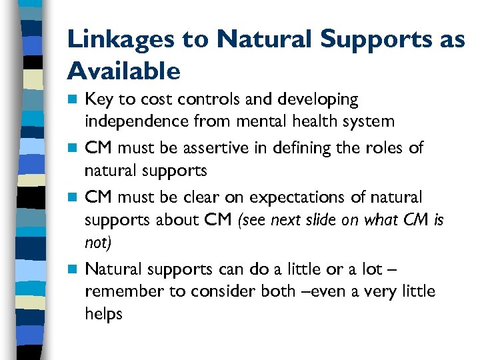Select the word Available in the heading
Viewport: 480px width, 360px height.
pos(124,70)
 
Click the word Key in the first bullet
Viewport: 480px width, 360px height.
pos(99,100)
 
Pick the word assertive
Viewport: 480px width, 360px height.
pos(215,147)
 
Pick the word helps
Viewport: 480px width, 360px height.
pos(104,313)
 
